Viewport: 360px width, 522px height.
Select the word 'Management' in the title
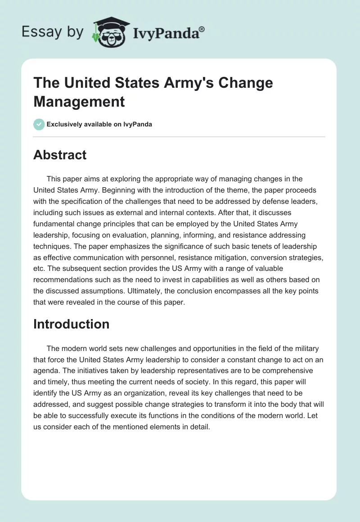tap(79, 101)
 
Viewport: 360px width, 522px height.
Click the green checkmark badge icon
tap(39, 124)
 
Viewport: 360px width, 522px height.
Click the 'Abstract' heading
tap(60, 155)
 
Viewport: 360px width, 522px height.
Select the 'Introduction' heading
tap(71, 324)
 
